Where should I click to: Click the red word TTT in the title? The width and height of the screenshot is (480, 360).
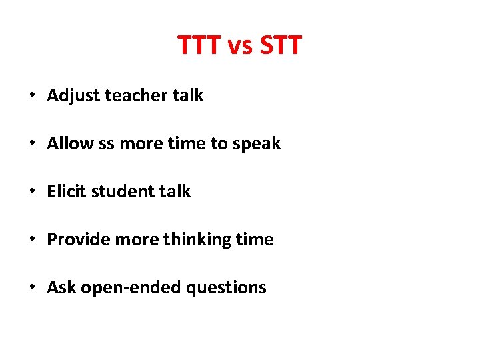tap(199, 46)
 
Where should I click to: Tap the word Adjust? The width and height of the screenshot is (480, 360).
tap(70, 96)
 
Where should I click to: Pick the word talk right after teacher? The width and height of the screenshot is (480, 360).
tap(188, 95)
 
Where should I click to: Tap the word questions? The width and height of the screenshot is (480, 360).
tap(227, 288)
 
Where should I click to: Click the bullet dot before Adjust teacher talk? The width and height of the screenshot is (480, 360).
tap(31, 96)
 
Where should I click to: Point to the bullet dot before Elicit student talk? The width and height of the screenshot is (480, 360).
tap(31, 192)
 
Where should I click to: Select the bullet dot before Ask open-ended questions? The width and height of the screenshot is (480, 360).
tap(31, 288)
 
